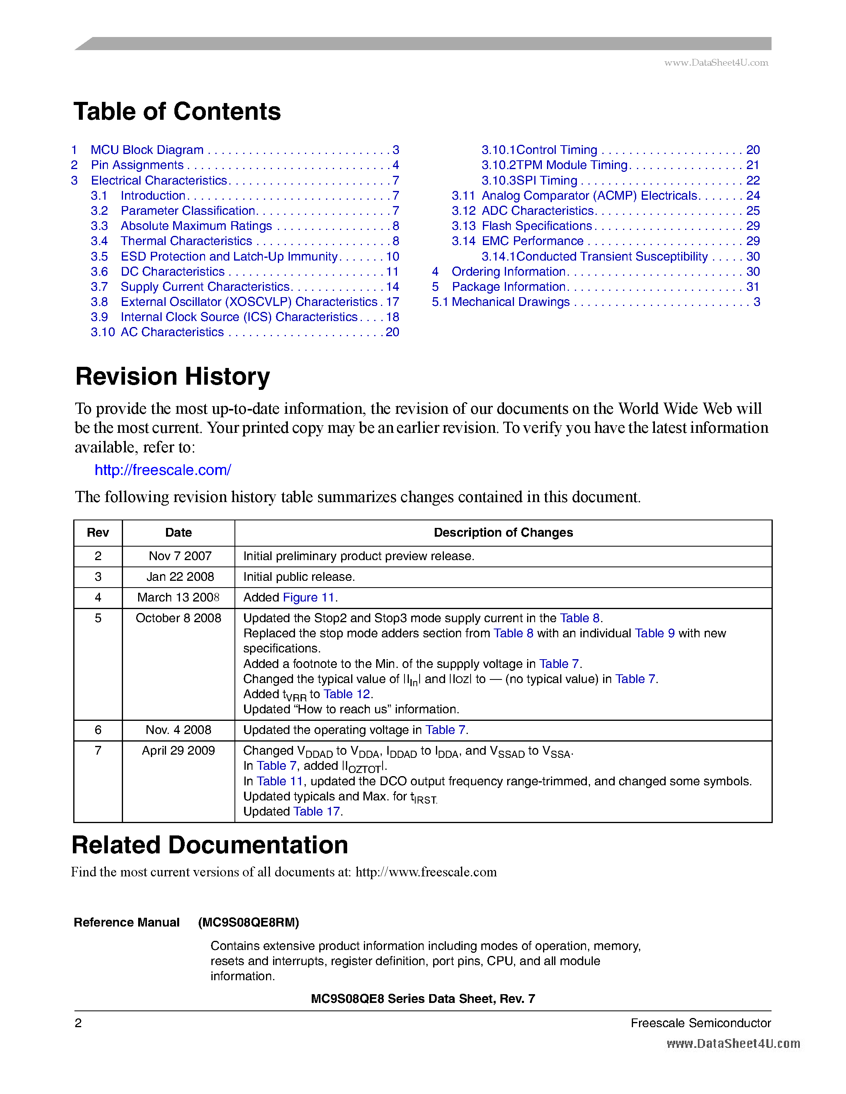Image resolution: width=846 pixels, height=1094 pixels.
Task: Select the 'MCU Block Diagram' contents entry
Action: click(x=147, y=150)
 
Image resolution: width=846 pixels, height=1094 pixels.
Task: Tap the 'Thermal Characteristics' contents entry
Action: click(x=186, y=241)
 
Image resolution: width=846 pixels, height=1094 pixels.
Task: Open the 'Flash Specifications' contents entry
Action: click(x=537, y=226)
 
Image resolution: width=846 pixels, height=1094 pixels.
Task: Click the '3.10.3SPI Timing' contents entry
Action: click(x=529, y=180)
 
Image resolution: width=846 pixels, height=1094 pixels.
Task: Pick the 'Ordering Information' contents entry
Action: click(x=508, y=271)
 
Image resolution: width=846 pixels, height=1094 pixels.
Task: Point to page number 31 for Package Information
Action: click(x=752, y=286)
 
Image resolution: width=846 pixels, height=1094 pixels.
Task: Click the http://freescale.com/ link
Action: click(x=163, y=470)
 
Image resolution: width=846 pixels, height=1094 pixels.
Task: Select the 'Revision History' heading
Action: click(x=172, y=376)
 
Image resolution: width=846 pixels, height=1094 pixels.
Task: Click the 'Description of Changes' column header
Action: click(x=503, y=532)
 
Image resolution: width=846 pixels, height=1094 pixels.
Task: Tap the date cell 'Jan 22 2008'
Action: click(x=180, y=576)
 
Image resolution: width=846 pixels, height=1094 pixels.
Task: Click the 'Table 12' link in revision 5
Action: click(x=347, y=694)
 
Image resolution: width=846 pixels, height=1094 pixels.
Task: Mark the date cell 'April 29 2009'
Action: click(x=178, y=750)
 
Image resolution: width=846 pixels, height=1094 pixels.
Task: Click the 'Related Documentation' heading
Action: click(x=209, y=845)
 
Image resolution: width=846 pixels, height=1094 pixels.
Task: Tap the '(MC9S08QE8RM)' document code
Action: click(x=248, y=922)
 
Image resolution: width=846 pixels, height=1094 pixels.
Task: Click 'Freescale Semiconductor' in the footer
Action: click(x=700, y=1023)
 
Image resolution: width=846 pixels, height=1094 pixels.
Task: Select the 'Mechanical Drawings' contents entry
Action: click(x=510, y=302)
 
